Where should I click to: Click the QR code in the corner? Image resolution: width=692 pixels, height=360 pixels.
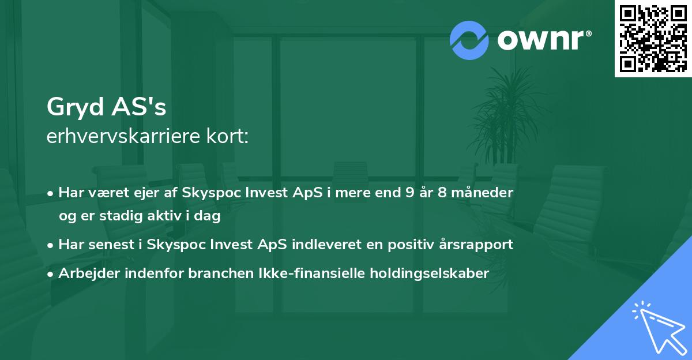click(653, 39)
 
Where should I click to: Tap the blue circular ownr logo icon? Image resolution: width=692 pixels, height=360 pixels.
click(469, 40)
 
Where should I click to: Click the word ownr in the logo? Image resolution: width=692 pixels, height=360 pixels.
click(541, 40)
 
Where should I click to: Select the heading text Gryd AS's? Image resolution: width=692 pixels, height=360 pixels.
click(106, 107)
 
